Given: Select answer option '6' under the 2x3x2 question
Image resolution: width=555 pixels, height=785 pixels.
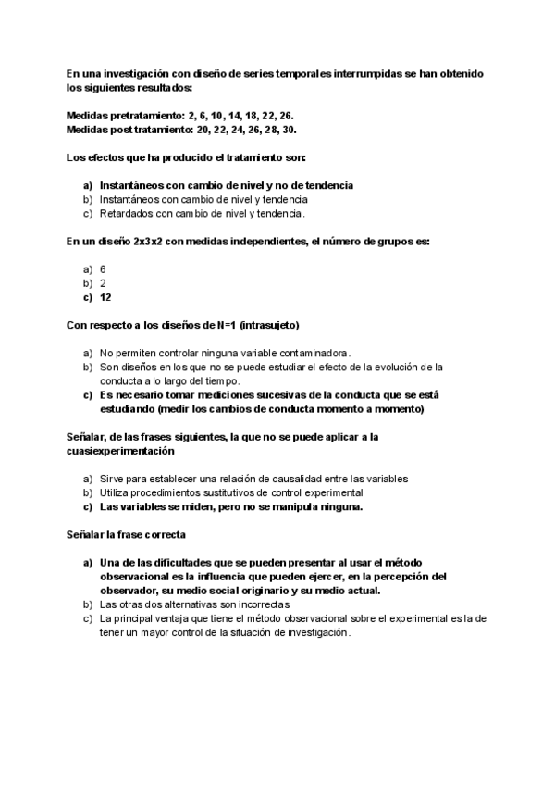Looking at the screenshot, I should coord(103,268).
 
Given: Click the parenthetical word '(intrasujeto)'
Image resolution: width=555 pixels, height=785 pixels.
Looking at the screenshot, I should coord(269,325).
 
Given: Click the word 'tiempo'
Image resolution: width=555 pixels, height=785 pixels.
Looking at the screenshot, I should coord(219,380).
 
